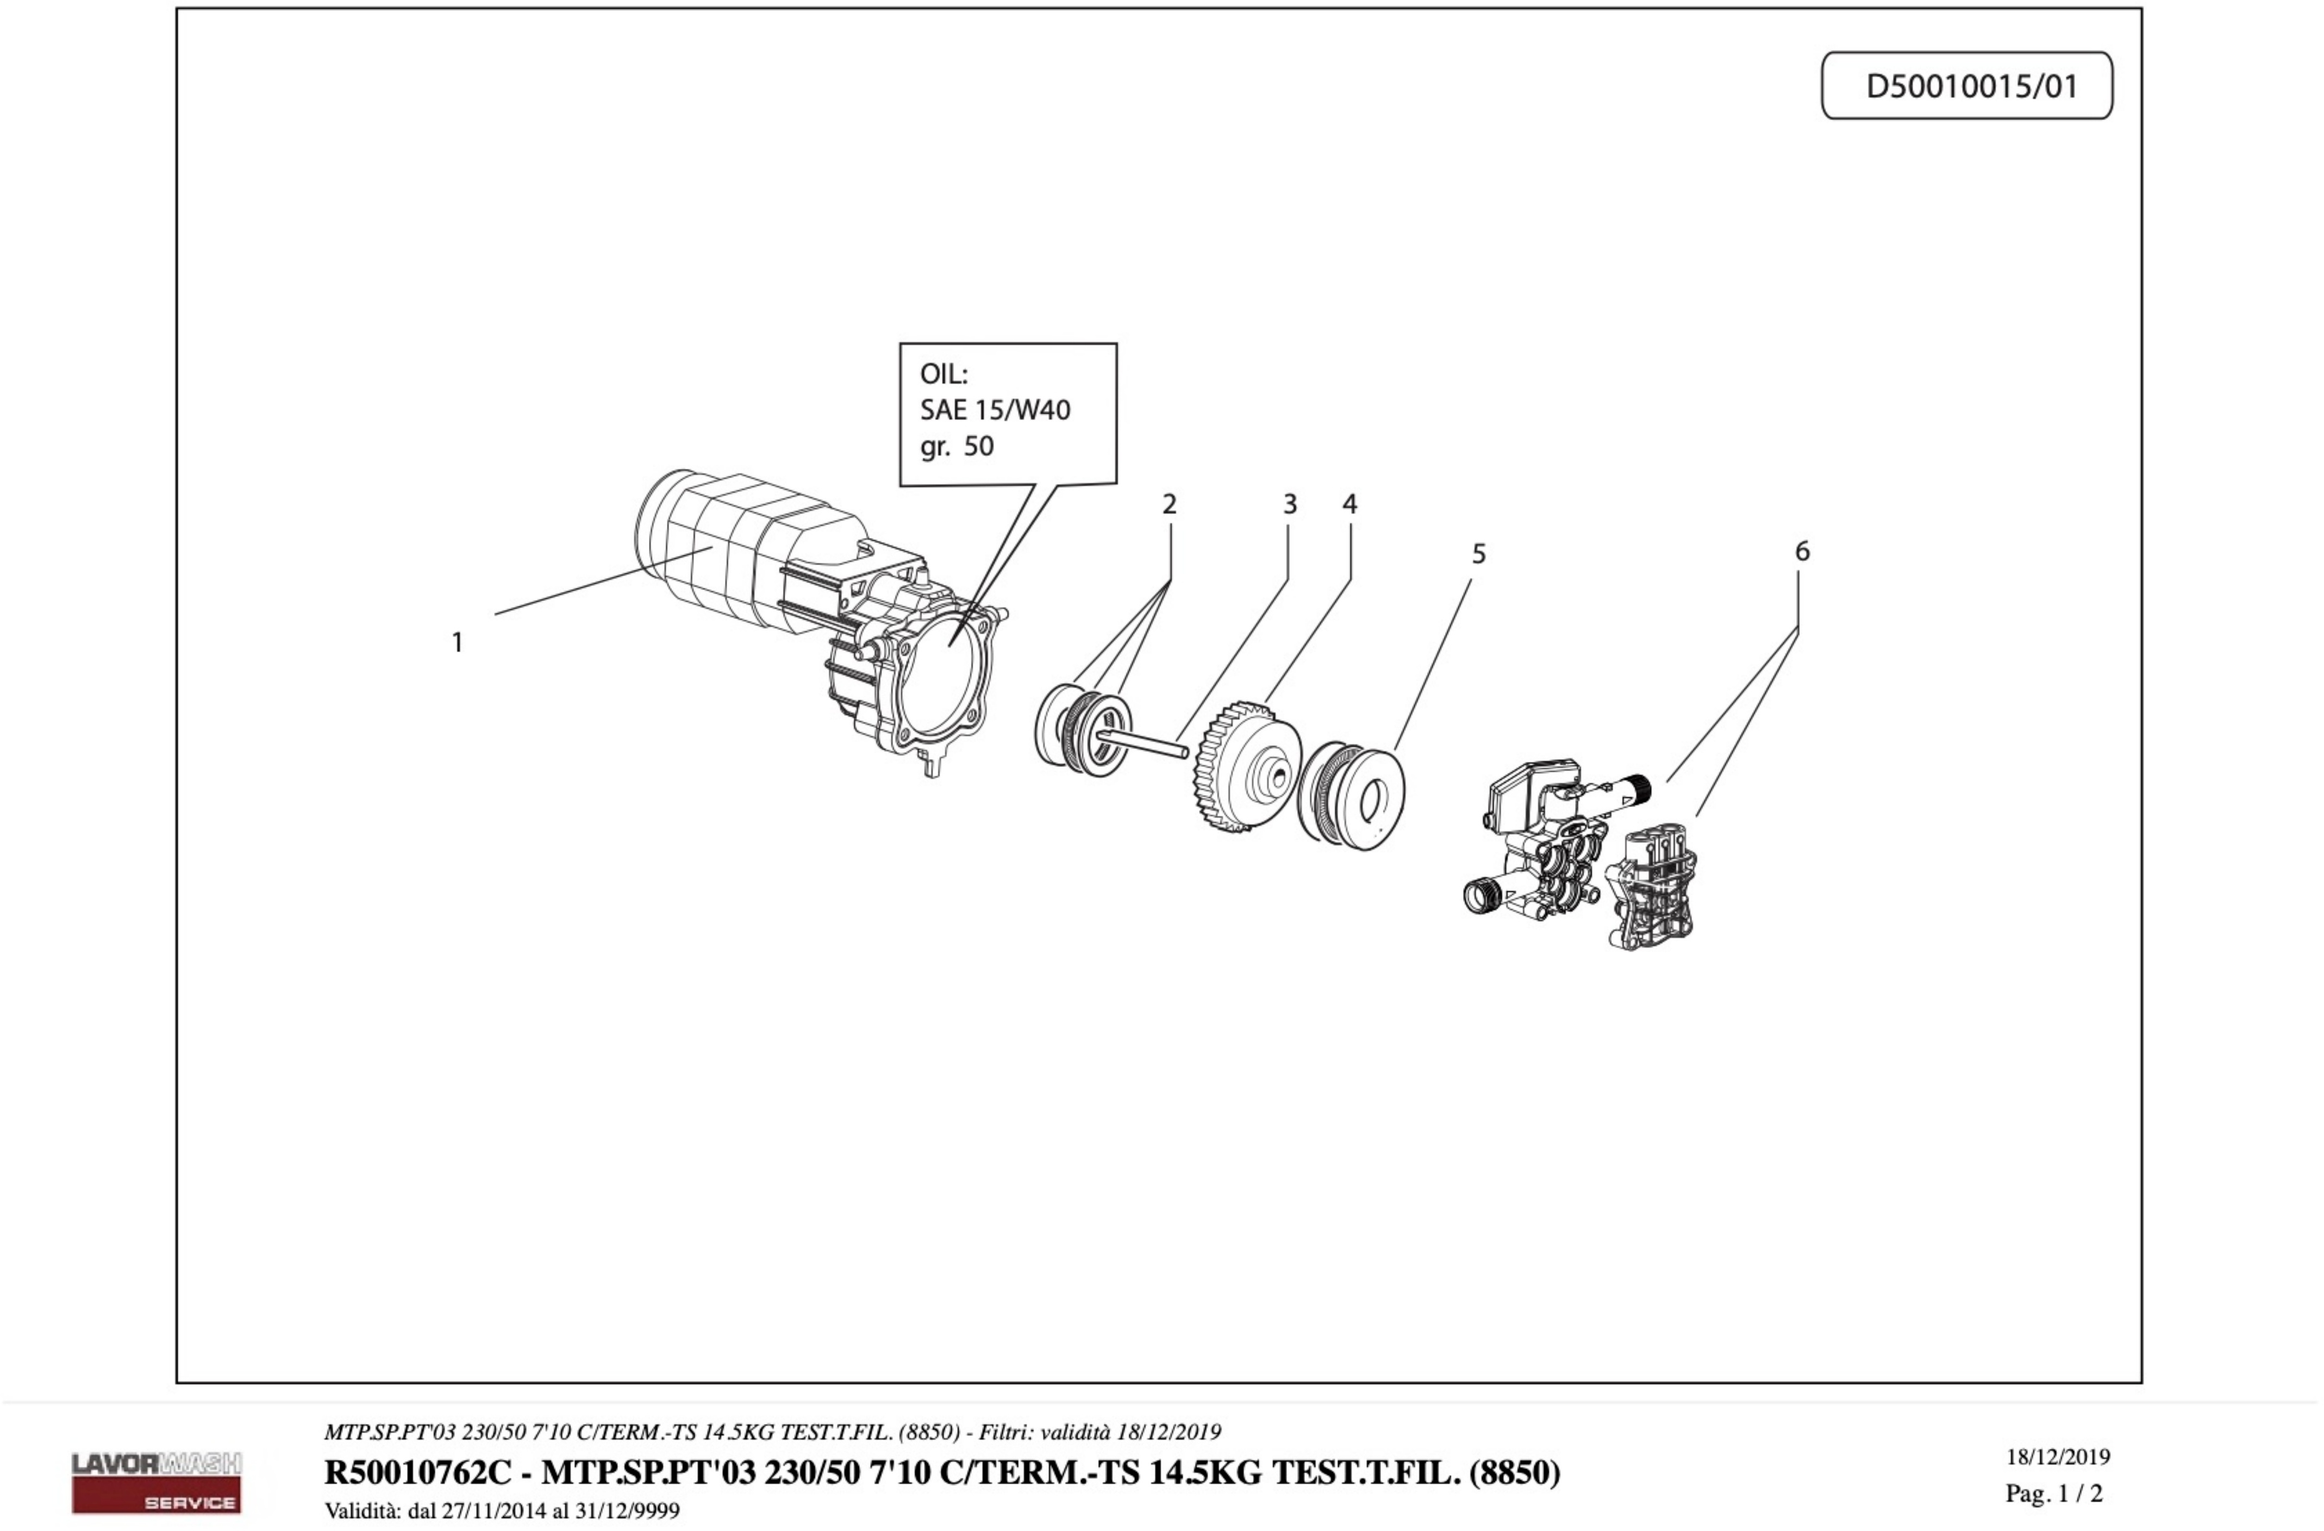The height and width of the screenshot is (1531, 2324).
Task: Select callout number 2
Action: tap(1169, 505)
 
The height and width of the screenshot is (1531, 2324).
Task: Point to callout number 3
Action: tap(1289, 505)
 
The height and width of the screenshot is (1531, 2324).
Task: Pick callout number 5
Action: tap(1478, 554)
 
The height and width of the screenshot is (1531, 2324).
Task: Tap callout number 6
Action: tap(1802, 552)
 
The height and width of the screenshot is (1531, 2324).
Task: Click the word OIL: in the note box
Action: tap(944, 374)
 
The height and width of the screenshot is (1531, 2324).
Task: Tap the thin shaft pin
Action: tap(1147, 741)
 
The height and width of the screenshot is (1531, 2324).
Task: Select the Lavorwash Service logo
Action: tap(156, 1481)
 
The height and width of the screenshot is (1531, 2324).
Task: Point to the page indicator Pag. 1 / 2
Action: tap(2053, 1493)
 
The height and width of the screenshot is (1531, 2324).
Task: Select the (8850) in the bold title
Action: tap(1514, 1471)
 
